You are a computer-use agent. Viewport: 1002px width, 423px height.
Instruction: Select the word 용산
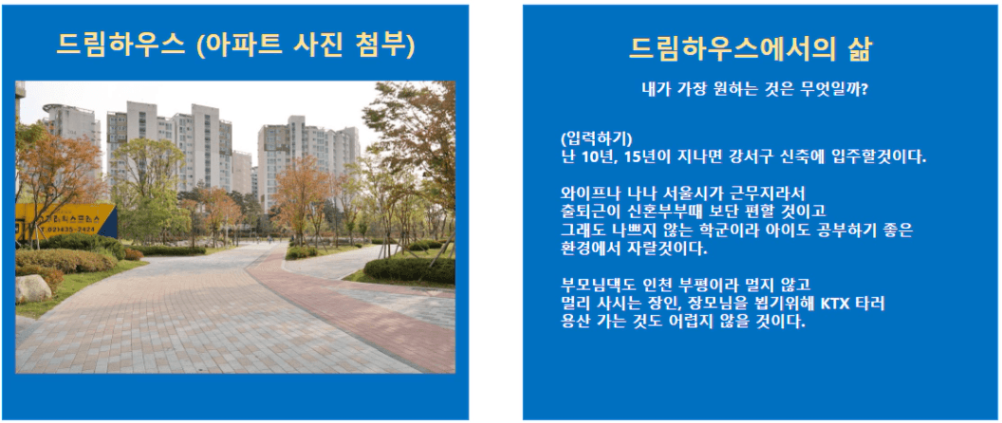click(x=574, y=321)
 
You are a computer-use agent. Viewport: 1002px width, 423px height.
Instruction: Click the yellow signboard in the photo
click(x=65, y=221)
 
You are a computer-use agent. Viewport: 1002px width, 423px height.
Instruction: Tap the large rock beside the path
click(x=32, y=288)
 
